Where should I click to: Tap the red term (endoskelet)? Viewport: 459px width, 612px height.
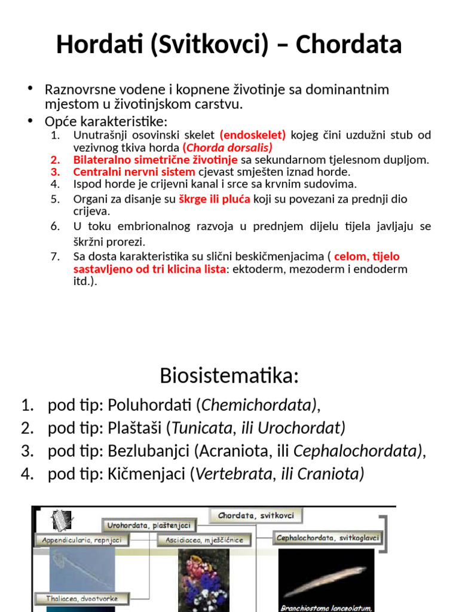point(253,135)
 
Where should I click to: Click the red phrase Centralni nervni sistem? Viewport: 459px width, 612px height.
point(134,172)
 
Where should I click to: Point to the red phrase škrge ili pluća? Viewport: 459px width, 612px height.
point(215,198)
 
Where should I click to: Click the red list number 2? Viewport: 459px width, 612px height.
point(56,160)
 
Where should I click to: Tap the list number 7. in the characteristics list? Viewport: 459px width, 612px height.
point(56,256)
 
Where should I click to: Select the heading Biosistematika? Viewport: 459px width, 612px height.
point(229,376)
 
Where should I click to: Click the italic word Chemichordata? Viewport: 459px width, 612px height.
point(258,406)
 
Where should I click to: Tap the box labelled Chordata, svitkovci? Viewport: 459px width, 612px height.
point(256,515)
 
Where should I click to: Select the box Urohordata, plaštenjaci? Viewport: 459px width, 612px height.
point(149,526)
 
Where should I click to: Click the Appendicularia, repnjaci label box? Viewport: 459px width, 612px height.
point(81,540)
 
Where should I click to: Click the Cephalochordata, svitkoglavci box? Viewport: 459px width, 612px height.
point(328,538)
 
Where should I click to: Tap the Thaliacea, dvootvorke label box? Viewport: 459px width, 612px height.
point(82,598)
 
